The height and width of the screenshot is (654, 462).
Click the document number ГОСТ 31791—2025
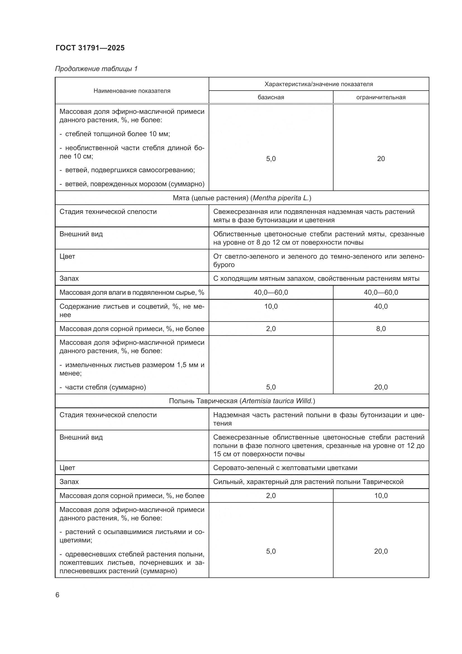coord(90,48)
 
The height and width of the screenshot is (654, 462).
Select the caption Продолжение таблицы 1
coord(96,69)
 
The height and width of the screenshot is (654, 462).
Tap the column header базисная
coord(271,97)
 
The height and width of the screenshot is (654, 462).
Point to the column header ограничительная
coord(381,97)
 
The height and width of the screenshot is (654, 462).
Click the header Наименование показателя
coord(132,91)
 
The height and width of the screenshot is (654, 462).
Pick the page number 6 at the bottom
coord(58,595)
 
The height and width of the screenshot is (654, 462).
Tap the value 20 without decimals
coord(381,159)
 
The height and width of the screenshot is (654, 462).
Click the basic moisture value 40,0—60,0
coord(271,292)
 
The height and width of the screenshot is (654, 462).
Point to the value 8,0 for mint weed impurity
coord(381,329)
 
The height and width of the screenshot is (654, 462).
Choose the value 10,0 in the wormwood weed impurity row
coord(381,496)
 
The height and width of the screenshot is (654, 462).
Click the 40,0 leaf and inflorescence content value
coord(381,306)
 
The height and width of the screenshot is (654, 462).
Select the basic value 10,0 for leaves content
coord(271,306)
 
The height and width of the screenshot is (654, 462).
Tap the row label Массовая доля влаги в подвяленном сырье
coord(132,292)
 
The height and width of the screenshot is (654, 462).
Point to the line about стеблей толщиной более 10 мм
coord(117,134)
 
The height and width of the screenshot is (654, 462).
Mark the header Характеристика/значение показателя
coord(319,84)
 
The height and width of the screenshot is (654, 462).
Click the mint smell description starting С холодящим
coord(316,278)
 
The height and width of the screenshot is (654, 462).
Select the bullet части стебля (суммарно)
coord(105,387)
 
